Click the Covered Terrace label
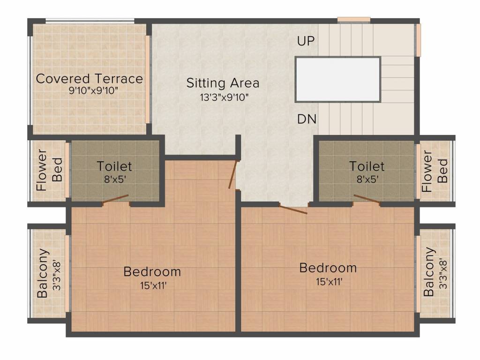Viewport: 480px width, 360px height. tap(89, 78)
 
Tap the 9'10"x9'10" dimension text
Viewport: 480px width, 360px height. tap(89, 90)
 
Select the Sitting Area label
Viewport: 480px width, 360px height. tap(223, 83)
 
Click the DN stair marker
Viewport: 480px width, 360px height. tap(307, 120)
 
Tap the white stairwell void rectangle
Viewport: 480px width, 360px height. tap(337, 79)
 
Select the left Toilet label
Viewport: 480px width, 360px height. tap(114, 166)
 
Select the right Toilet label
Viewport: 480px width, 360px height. tap(367, 166)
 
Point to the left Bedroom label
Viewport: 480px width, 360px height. tap(152, 271)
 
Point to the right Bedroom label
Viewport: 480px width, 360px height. tap(328, 268)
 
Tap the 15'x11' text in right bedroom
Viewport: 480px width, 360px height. tap(328, 282)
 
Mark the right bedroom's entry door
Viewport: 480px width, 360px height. tap(293, 209)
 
